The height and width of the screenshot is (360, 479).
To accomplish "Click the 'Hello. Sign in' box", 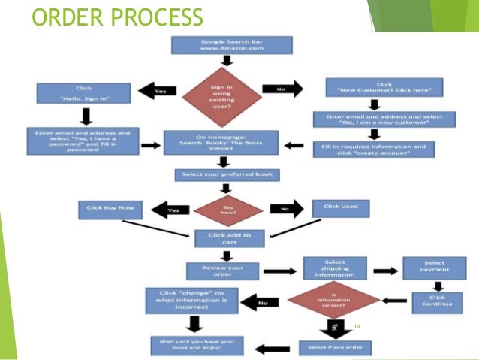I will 84,93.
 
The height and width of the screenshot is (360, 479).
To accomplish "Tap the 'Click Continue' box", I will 438,300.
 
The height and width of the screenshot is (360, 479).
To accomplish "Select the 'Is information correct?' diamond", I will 335,301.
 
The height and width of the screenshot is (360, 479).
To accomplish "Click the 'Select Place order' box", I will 335,347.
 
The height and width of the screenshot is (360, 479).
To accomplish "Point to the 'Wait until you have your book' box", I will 197,346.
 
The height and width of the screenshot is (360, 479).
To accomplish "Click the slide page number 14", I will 357,325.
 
